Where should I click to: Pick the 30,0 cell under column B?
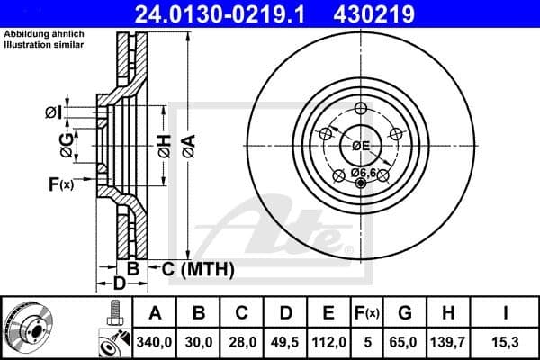200,343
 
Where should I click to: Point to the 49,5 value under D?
286,343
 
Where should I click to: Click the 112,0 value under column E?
329,343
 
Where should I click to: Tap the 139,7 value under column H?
450,343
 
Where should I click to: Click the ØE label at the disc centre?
362,146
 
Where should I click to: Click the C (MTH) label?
197,269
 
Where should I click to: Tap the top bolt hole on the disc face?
362,109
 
